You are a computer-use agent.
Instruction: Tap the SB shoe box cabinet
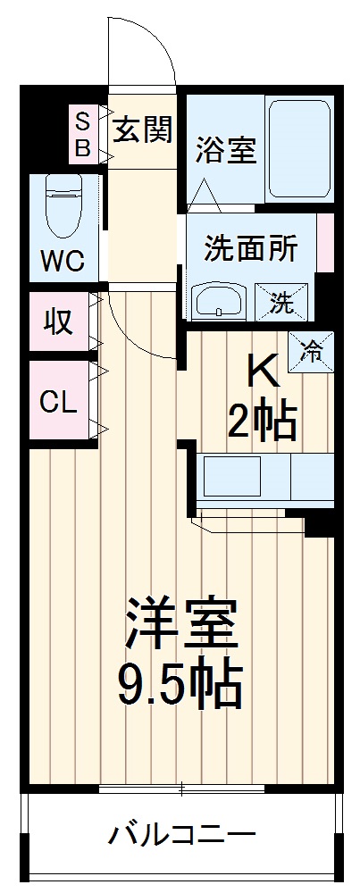pos(82,135)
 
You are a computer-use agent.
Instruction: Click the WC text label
pos(62,262)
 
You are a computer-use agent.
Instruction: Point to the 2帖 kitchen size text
pos(261,420)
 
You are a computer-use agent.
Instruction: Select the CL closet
pos(59,401)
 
